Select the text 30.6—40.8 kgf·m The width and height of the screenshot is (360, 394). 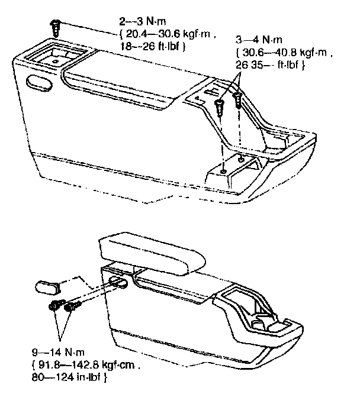(282, 53)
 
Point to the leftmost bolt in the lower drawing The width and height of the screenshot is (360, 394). (54, 306)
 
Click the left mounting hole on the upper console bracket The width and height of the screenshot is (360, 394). (223, 171)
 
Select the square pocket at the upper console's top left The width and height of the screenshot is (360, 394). (54, 57)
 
